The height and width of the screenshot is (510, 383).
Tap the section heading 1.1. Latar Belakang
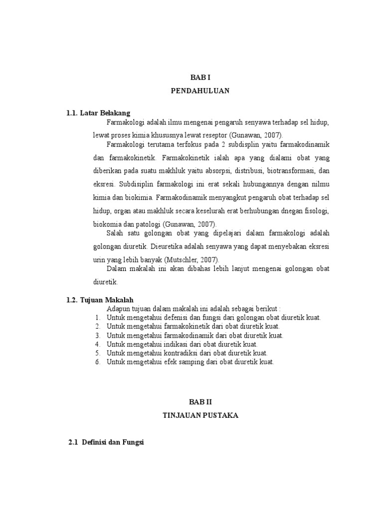click(98, 114)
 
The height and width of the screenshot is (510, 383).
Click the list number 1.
click(98, 317)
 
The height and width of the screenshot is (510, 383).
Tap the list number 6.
click(98, 362)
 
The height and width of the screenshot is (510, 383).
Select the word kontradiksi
click(183, 353)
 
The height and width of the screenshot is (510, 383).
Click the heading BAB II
click(199, 401)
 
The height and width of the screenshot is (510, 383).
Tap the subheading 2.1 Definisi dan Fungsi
click(106, 442)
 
